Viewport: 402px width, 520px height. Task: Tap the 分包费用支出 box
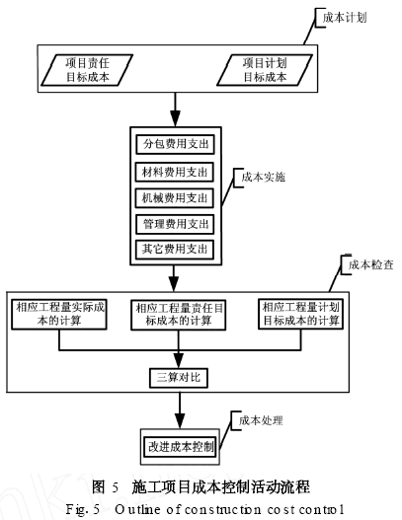pos(178,145)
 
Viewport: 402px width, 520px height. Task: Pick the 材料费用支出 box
pos(178,171)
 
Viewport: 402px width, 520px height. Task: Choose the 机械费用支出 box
pos(178,196)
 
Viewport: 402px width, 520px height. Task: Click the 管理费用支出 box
pos(178,222)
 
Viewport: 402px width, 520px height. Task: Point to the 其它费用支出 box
pos(178,248)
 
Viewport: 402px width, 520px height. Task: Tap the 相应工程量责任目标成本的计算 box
pos(178,315)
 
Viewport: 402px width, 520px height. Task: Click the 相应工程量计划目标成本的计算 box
pos(299,315)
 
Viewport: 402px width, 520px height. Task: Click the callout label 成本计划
pos(343,17)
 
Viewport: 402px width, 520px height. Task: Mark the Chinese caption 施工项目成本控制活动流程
pos(220,486)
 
